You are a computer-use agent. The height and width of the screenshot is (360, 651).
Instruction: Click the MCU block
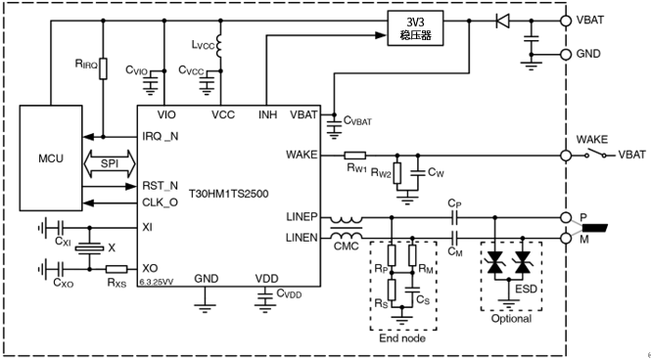51,158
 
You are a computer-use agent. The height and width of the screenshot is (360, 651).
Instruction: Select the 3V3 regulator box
415,27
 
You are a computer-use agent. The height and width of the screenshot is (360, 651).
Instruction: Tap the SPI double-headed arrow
110,163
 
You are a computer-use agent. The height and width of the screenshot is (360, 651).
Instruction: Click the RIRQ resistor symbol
103,68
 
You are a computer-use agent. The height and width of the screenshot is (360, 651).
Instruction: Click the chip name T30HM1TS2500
229,194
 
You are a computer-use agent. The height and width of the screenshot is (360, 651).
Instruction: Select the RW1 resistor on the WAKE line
355,156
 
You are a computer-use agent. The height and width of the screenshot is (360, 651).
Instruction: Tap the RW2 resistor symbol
397,173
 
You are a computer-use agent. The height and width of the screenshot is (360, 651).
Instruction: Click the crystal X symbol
89,248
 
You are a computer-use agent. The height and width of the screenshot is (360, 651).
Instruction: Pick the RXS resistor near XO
116,269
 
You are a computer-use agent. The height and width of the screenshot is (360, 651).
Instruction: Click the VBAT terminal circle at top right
566,21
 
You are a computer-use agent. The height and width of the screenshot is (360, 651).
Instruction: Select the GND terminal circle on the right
566,55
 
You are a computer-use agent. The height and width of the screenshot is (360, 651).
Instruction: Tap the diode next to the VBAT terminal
503,21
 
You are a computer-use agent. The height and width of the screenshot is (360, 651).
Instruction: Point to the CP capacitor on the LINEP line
454,217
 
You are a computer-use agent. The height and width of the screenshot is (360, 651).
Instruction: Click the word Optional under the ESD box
511,319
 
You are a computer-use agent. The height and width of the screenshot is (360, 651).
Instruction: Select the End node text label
402,338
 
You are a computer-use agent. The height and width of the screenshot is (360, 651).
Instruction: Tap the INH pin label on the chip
268,114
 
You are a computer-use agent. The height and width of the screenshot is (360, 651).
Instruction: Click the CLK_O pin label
161,203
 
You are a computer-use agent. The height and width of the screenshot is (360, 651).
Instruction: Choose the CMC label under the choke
346,247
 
